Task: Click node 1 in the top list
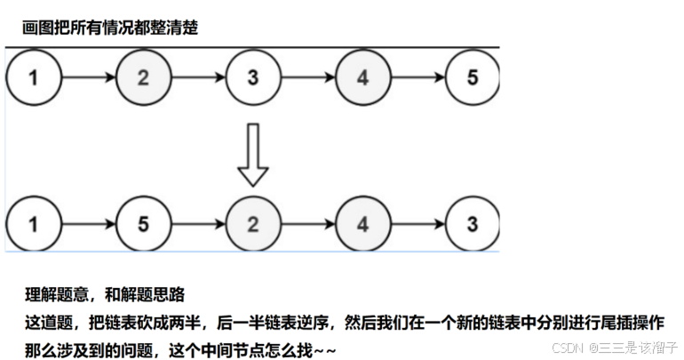(34, 76)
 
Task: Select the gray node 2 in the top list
(143, 76)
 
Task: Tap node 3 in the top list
(253, 76)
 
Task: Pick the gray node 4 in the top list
(362, 76)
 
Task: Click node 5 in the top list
(472, 76)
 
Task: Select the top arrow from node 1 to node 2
(89, 76)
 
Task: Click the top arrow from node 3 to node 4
(307, 76)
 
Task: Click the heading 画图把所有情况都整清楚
(110, 28)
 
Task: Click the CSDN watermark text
(615, 348)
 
